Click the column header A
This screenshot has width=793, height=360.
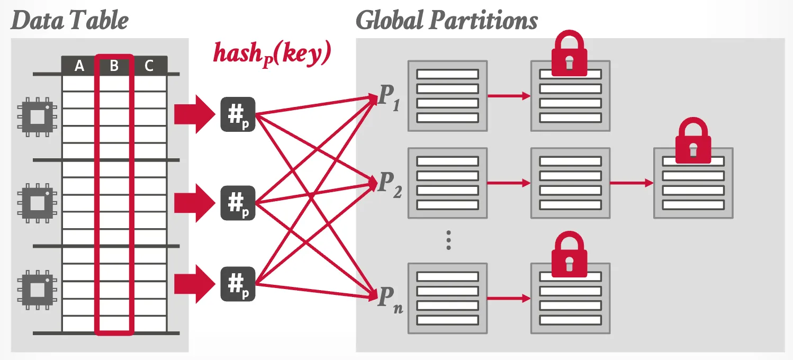79,66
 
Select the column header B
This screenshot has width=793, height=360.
114,66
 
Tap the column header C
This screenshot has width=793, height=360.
149,66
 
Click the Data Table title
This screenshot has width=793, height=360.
69,21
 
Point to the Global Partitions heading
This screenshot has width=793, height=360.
447,21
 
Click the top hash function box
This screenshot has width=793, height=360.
238,115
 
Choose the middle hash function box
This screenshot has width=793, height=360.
238,203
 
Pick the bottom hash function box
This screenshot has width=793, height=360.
238,284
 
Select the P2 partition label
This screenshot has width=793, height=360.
389,183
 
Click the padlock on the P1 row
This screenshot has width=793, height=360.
568,53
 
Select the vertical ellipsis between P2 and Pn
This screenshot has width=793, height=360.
448,240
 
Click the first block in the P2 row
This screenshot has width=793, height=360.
447,183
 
